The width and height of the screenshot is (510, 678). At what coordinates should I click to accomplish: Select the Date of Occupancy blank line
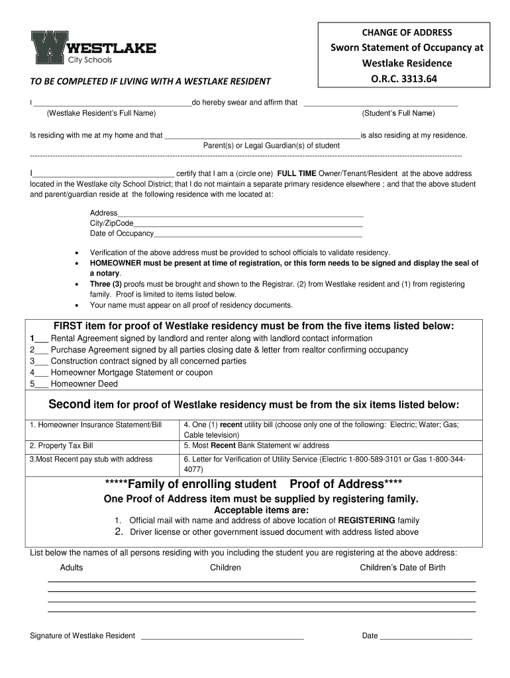(258, 235)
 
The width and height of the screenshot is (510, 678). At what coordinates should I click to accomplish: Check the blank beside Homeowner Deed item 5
(42, 385)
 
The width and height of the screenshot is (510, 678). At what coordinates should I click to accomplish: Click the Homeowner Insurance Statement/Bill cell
(95, 424)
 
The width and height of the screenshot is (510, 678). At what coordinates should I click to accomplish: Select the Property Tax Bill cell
(61, 446)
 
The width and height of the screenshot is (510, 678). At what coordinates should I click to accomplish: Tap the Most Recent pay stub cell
(91, 459)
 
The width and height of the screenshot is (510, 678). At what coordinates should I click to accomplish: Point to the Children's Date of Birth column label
(402, 567)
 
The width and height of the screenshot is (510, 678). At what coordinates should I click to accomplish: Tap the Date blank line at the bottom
(425, 637)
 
